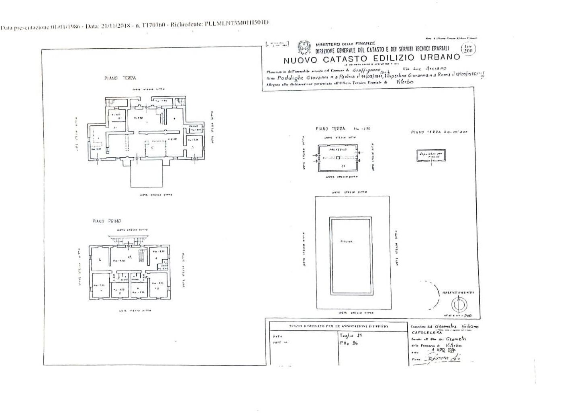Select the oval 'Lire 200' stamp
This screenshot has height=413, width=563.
coord(468,49)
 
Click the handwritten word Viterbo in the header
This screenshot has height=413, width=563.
coord(404,81)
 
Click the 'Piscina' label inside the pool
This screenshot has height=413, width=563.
coord(346,241)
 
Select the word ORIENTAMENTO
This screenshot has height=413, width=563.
coord(458,293)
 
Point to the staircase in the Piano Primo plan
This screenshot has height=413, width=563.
coord(141,254)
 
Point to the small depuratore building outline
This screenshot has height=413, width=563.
coord(431,155)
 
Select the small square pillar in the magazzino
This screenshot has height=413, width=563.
coord(339,157)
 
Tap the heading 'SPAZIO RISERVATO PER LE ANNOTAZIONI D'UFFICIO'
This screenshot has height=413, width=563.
coord(336,327)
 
